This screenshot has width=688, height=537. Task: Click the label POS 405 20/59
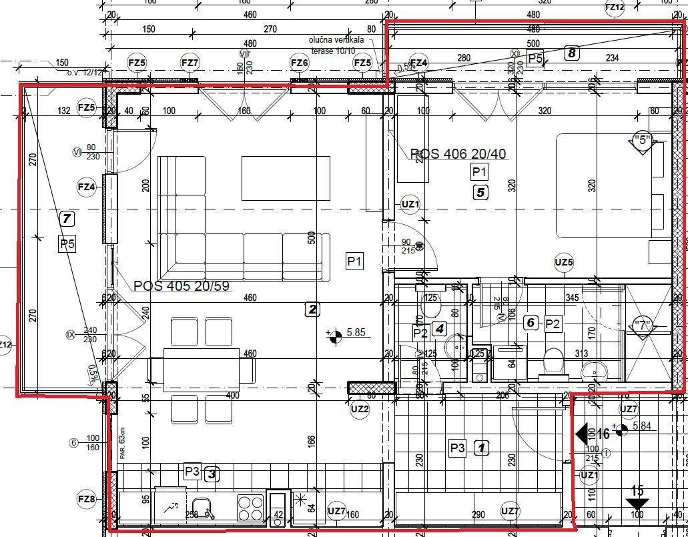click(182, 286)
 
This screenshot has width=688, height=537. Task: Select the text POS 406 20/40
click(458, 154)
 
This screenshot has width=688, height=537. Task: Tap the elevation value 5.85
click(358, 332)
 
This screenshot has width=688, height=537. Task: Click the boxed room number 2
click(312, 309)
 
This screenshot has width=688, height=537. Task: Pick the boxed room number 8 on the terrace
click(571, 53)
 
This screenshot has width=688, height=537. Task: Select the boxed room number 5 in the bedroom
click(480, 193)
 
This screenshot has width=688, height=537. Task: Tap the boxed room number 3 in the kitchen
click(211, 474)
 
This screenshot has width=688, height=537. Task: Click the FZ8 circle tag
click(87, 498)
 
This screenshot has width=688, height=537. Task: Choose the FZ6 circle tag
click(300, 63)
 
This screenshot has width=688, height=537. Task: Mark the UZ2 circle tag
click(360, 409)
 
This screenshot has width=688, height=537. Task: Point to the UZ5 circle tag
click(564, 262)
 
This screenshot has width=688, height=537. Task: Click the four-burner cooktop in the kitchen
click(250, 507)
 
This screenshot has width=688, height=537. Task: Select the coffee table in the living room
click(286, 178)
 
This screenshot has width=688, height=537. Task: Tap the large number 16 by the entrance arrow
click(603, 434)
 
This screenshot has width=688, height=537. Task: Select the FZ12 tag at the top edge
click(615, 7)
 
